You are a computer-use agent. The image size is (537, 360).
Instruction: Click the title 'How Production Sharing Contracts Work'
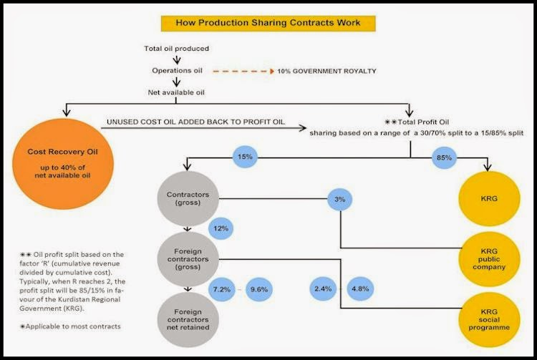268,22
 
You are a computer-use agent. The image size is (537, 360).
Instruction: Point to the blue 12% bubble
221,228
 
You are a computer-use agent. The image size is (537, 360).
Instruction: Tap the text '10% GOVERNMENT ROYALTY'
332,72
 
